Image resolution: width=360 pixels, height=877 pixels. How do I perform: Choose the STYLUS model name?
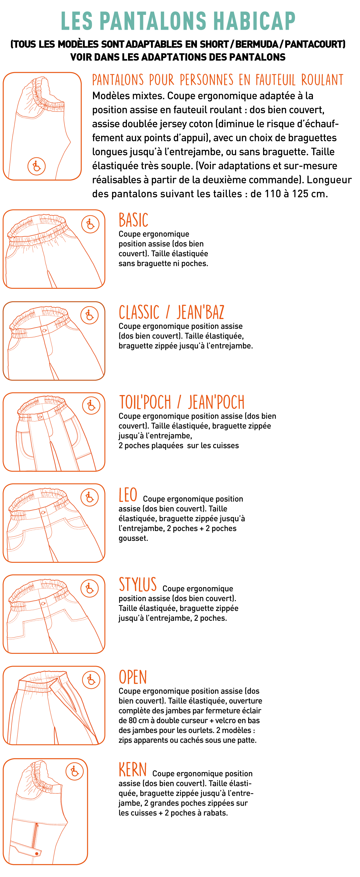[x=138, y=585]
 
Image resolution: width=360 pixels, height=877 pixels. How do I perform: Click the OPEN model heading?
[x=133, y=677]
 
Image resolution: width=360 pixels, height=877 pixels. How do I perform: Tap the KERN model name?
[x=133, y=769]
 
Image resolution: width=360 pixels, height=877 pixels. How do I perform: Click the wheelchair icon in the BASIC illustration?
[x=90, y=224]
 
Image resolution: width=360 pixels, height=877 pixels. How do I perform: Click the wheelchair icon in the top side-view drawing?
[x=36, y=166]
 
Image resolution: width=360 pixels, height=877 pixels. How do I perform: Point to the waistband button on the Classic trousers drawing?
[x=45, y=330]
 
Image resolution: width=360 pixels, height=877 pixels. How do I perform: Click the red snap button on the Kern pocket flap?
[x=37, y=853]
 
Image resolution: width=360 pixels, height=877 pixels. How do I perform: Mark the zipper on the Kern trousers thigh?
[x=35, y=834]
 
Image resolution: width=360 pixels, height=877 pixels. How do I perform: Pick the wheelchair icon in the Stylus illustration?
[x=89, y=588]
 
